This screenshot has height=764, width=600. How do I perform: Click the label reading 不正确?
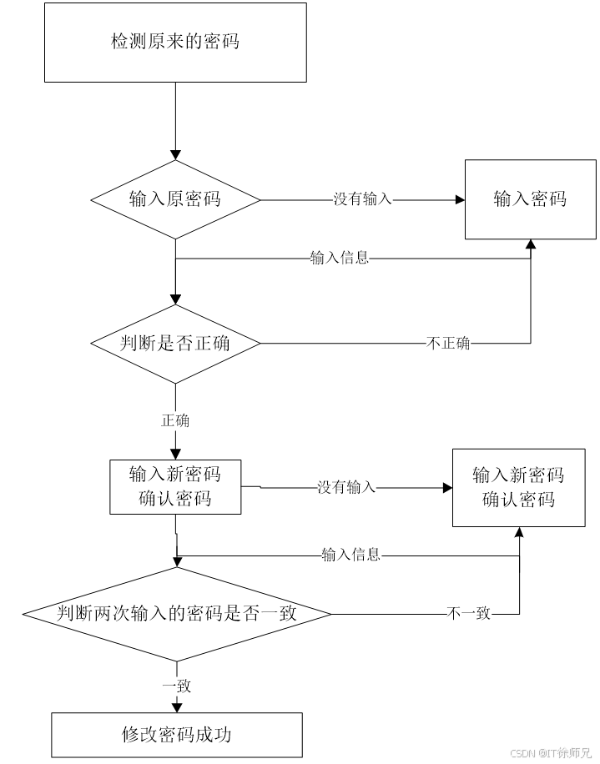tap(448, 344)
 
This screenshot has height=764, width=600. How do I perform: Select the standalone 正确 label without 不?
tap(175, 421)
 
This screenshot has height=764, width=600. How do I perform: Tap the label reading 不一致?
tap(469, 615)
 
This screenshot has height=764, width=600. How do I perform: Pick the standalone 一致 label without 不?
tap(176, 686)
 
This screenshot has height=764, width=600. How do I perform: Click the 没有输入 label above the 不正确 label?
tap(362, 199)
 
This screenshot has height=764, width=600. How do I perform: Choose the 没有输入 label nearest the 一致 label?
tap(346, 487)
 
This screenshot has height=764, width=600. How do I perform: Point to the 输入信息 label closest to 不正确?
tap(340, 258)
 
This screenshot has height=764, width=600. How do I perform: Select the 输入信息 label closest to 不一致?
tap(351, 555)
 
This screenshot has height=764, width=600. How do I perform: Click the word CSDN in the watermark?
tap(522, 752)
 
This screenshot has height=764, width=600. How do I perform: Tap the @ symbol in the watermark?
tap(541, 752)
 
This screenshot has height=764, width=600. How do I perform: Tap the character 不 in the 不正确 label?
tap(434, 344)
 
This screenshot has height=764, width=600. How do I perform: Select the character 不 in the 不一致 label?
tap(455, 615)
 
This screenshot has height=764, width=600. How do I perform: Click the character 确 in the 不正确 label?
tap(463, 344)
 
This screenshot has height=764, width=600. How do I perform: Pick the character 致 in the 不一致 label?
tap(483, 615)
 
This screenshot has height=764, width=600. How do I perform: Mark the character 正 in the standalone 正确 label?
tap(168, 421)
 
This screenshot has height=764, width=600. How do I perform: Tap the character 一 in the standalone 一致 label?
tap(169, 686)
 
